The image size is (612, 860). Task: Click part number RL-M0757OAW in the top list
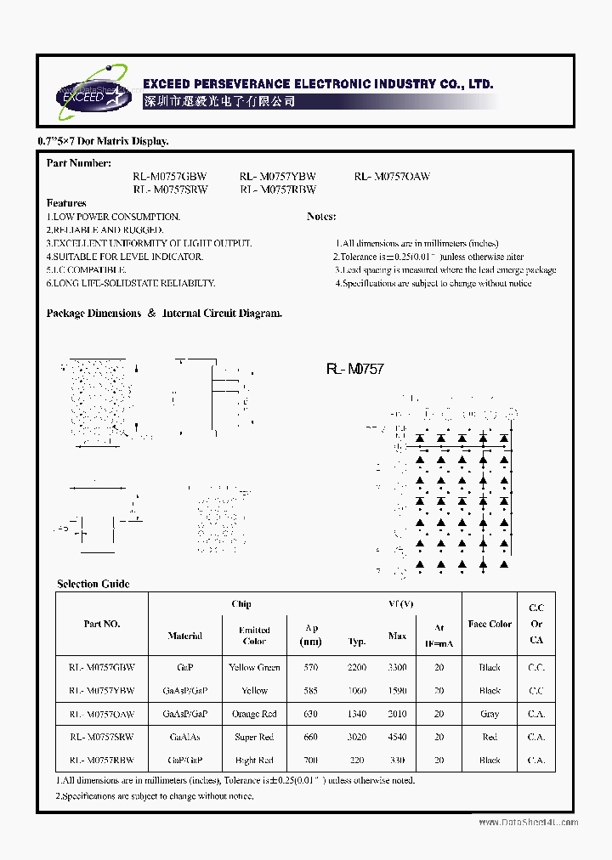coord(392,177)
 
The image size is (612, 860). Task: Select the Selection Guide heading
coord(93,584)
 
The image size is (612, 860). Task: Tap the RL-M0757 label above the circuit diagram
coord(354,369)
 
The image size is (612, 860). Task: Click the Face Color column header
coord(490,624)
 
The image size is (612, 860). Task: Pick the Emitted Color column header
coord(254,636)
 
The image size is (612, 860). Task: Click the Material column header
coord(185,636)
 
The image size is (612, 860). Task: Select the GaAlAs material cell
coord(185,737)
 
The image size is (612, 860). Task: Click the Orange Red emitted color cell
coord(254,714)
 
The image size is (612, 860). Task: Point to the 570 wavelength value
coord(311,668)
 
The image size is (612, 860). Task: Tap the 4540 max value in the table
coord(397,737)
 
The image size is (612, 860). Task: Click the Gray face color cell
coord(490,714)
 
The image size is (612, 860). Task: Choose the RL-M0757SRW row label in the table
coord(102,737)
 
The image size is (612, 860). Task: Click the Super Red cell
coord(254,737)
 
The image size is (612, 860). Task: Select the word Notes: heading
coord(321,217)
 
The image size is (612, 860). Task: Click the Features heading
coord(66,203)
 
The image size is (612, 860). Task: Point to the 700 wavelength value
coord(311,760)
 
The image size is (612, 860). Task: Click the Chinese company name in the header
coord(219,101)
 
